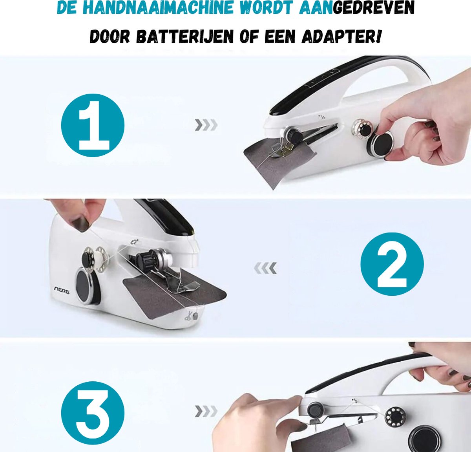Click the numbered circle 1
pos(93,125)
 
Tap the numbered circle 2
pos(392,264)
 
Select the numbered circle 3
pos(93,413)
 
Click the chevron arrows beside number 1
pos(206,125)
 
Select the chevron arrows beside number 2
pos(265,268)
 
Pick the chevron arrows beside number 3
pos(206,411)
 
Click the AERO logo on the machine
pos(62,290)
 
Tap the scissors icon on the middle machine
pos(188,316)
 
